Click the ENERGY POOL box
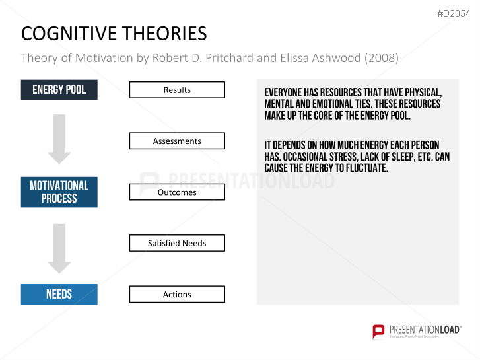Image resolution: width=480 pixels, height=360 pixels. (59, 90)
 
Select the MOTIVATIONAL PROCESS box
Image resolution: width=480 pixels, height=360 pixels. (59, 192)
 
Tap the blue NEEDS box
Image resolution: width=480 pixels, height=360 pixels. (59, 294)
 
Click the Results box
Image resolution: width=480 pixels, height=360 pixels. (177, 90)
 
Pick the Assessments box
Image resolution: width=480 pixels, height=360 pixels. (177, 141)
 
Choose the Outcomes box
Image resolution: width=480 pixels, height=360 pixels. (177, 192)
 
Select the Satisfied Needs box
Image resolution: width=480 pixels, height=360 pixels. (177, 243)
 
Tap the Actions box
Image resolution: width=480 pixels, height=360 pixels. (177, 294)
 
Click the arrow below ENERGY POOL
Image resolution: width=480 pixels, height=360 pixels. (59, 139)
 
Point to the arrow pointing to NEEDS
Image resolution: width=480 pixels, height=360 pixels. (59, 248)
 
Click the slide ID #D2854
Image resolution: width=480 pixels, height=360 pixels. (455, 13)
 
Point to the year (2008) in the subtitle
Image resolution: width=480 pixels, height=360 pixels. (381, 58)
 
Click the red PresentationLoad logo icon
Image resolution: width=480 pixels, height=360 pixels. (378, 332)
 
